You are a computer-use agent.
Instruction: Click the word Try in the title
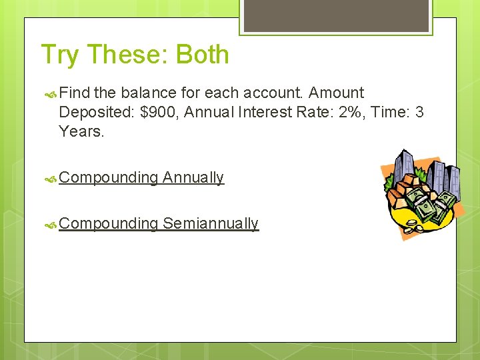click(59, 55)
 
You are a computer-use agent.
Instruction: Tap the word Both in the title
click(203, 55)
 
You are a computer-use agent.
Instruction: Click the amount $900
click(159, 112)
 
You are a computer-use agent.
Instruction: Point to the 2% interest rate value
click(340, 112)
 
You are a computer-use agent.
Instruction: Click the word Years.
click(81, 131)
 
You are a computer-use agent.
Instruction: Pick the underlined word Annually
click(193, 177)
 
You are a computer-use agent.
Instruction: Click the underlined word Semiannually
click(211, 223)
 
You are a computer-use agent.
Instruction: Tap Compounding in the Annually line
click(108, 177)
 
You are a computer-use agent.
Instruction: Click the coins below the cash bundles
click(416, 226)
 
